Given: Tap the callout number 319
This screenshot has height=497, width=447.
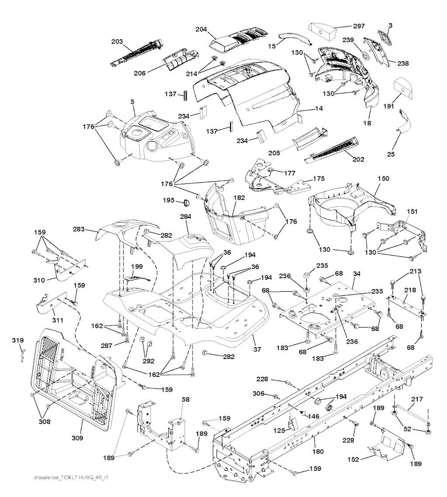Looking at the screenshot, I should [x=17, y=340].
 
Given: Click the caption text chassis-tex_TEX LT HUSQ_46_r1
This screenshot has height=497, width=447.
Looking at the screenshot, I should [x=70, y=477].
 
